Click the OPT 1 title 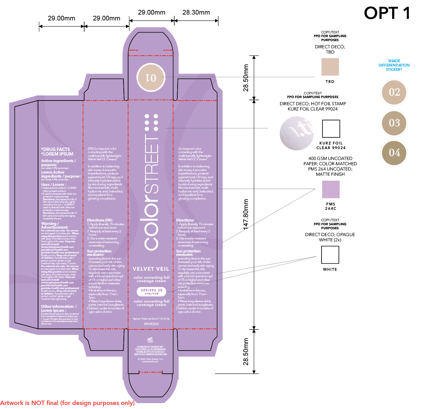point(387,13)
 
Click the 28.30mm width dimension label point(196,12)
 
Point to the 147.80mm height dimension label point(246,214)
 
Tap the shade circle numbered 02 point(394,92)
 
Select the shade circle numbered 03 point(394,123)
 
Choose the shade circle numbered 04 point(394,153)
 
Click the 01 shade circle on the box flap point(151,78)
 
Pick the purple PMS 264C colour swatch point(331,189)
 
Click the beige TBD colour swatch point(330,67)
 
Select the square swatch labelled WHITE point(330,255)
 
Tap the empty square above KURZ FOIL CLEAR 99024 point(331,129)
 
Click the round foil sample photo point(296,133)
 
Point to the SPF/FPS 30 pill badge point(151,291)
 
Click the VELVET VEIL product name point(151,269)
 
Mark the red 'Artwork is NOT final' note point(67,403)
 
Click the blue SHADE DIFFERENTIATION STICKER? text point(394,65)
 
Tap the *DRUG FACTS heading point(56,149)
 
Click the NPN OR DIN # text point(151,324)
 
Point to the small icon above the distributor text point(150,340)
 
